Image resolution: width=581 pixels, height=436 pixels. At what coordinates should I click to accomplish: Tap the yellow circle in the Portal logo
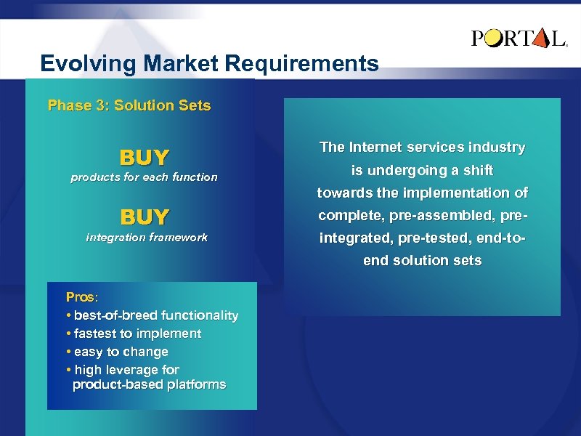(493, 38)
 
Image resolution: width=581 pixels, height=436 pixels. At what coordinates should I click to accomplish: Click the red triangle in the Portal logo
(540, 38)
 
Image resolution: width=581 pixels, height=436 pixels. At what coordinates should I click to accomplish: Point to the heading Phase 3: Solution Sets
(129, 105)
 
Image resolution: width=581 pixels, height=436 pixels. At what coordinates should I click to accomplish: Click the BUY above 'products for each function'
(144, 158)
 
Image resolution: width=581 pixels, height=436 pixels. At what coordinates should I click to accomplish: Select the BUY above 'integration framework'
(144, 217)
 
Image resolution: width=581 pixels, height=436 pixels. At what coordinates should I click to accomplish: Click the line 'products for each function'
(144, 177)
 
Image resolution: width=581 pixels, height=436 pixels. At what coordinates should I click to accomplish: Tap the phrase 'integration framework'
(147, 238)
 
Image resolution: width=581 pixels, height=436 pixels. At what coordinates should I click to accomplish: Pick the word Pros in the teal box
(81, 297)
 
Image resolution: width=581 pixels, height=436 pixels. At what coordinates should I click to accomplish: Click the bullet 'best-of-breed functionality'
(155, 315)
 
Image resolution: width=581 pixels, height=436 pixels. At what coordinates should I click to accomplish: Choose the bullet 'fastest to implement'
(137, 334)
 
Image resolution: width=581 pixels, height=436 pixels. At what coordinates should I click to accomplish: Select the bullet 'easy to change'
(120, 352)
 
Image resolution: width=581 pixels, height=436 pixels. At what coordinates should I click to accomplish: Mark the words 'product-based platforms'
(150, 384)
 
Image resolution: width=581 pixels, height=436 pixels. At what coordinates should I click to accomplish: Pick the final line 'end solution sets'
(422, 261)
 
